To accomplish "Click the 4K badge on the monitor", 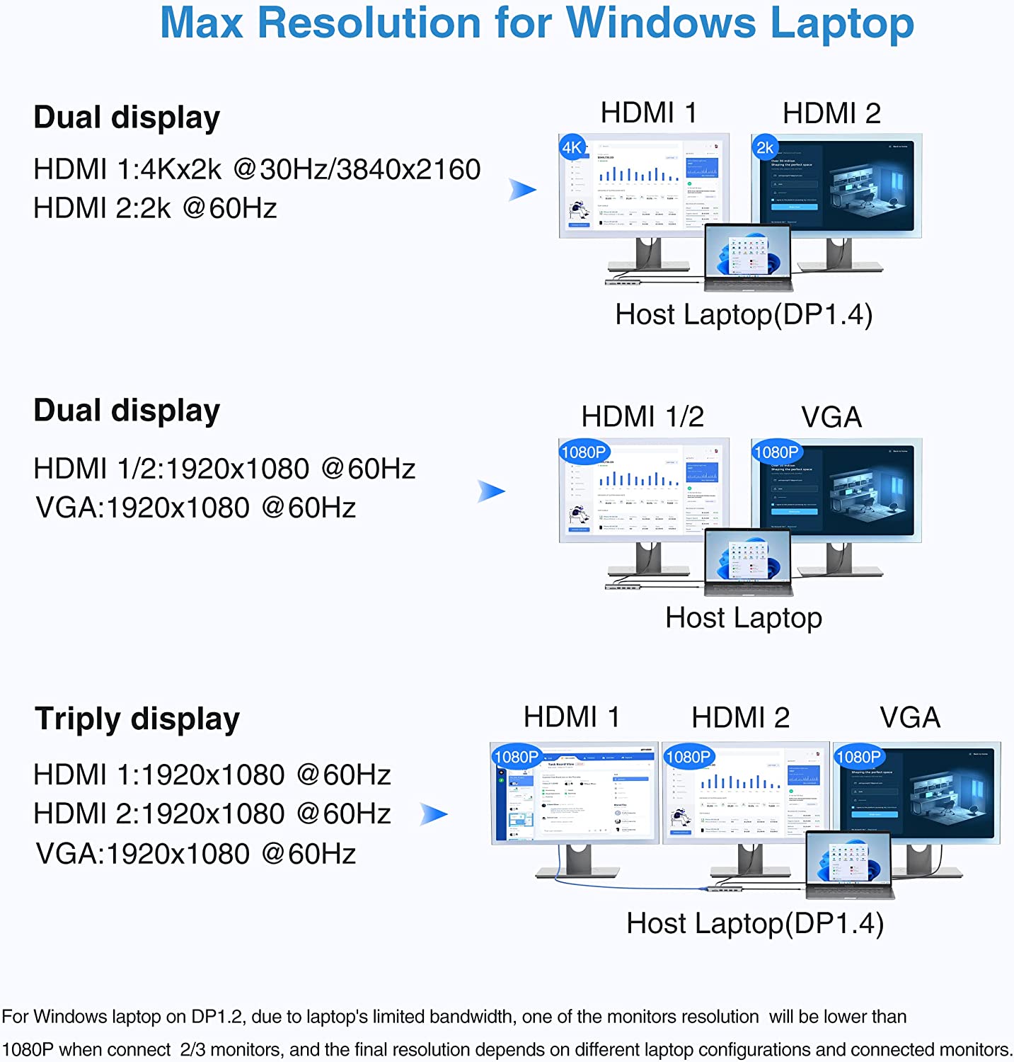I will click(x=572, y=147).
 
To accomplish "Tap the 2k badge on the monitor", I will click(x=765, y=147).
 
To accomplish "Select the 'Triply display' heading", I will click(x=137, y=719).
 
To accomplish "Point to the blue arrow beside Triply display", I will click(x=434, y=814).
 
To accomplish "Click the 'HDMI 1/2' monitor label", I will click(x=643, y=417).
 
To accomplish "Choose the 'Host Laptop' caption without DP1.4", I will click(x=744, y=618).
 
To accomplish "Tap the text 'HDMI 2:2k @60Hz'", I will click(x=155, y=208).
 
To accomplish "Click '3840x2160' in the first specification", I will click(x=408, y=169).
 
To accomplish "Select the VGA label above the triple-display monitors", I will click(x=910, y=718).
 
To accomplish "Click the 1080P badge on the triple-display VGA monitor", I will click(x=858, y=757).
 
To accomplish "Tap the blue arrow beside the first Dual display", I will click(x=523, y=189).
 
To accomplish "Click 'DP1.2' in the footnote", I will click(x=217, y=1017).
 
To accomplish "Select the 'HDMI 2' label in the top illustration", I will click(x=831, y=113).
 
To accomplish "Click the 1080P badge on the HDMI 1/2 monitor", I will click(x=584, y=452).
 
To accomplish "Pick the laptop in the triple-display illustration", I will click(x=849, y=864).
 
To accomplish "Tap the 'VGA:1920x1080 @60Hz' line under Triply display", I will click(x=196, y=854).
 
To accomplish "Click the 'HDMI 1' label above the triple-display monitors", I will click(x=572, y=718).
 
